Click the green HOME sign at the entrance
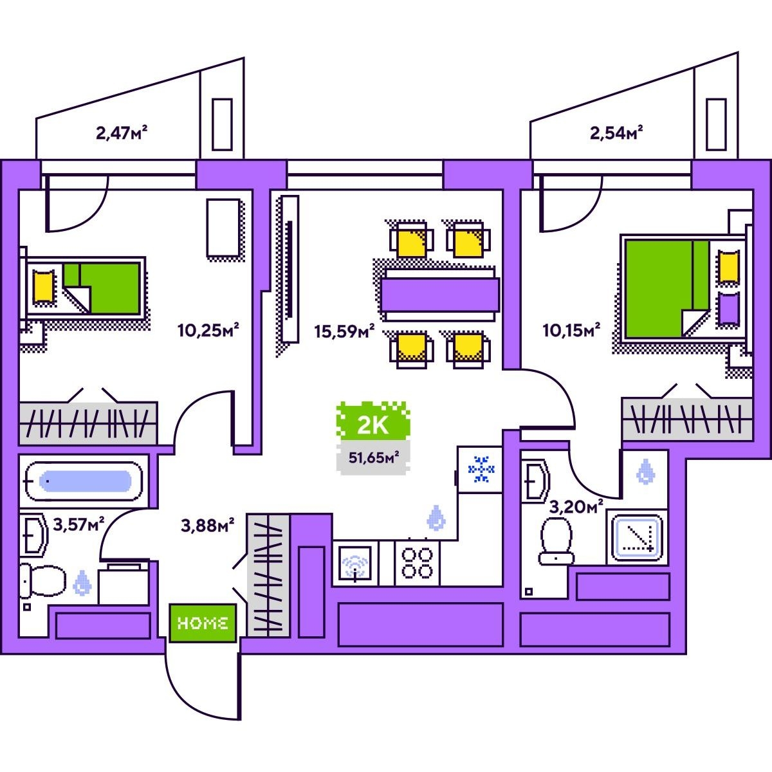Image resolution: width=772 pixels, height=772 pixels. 203,623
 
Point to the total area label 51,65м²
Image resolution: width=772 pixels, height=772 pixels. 373,458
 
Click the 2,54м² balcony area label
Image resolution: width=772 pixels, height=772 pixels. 617,133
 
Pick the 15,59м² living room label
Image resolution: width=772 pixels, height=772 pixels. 344,331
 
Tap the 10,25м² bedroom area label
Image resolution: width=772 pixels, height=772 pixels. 208,331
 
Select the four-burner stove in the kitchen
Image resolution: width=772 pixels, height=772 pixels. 417,562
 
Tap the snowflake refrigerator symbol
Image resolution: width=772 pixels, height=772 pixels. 481,469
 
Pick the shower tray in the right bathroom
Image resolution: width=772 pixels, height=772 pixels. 636,537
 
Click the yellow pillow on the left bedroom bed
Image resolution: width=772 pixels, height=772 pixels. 43,286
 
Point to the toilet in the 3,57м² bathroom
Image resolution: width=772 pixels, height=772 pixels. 42,580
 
